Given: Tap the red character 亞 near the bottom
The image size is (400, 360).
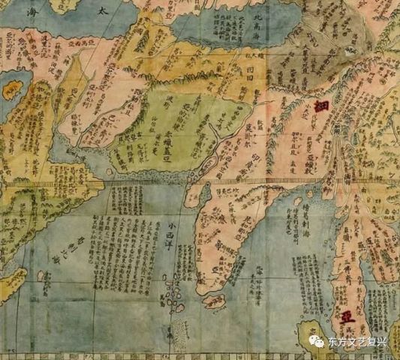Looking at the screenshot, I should click(x=346, y=316).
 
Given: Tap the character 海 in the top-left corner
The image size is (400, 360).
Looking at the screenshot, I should click(x=13, y=13).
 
